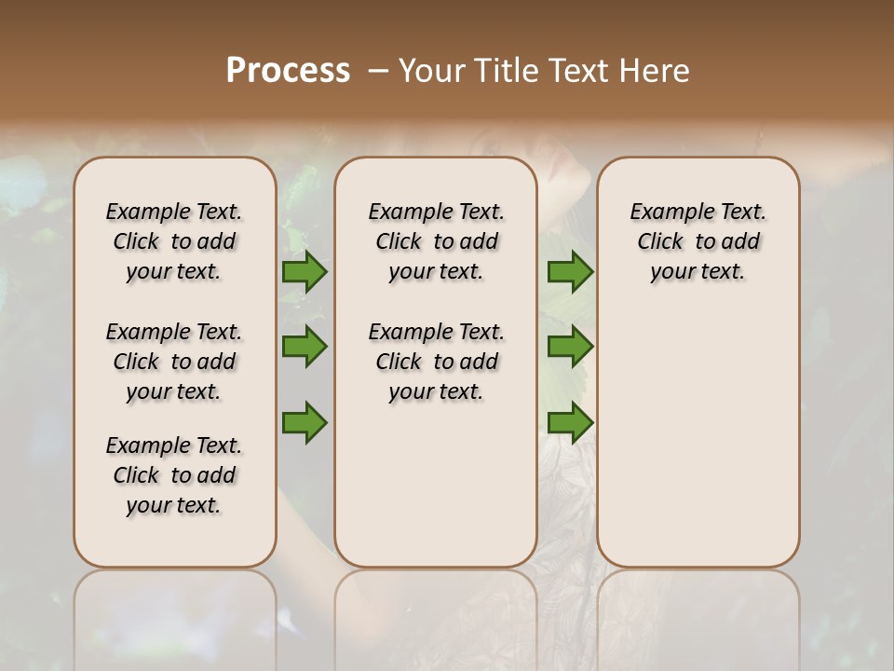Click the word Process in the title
(288, 71)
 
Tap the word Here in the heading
(652, 71)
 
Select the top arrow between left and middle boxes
(305, 271)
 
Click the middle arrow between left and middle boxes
(305, 347)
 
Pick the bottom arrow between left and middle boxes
(305, 423)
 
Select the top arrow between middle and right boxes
(570, 271)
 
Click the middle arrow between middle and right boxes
(570, 347)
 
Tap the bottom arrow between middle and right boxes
(570, 423)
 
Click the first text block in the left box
(174, 241)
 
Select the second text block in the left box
(174, 362)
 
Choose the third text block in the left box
(174, 475)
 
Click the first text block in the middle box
(436, 241)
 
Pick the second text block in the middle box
(436, 362)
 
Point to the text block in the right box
(698, 241)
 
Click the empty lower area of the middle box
(436, 485)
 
